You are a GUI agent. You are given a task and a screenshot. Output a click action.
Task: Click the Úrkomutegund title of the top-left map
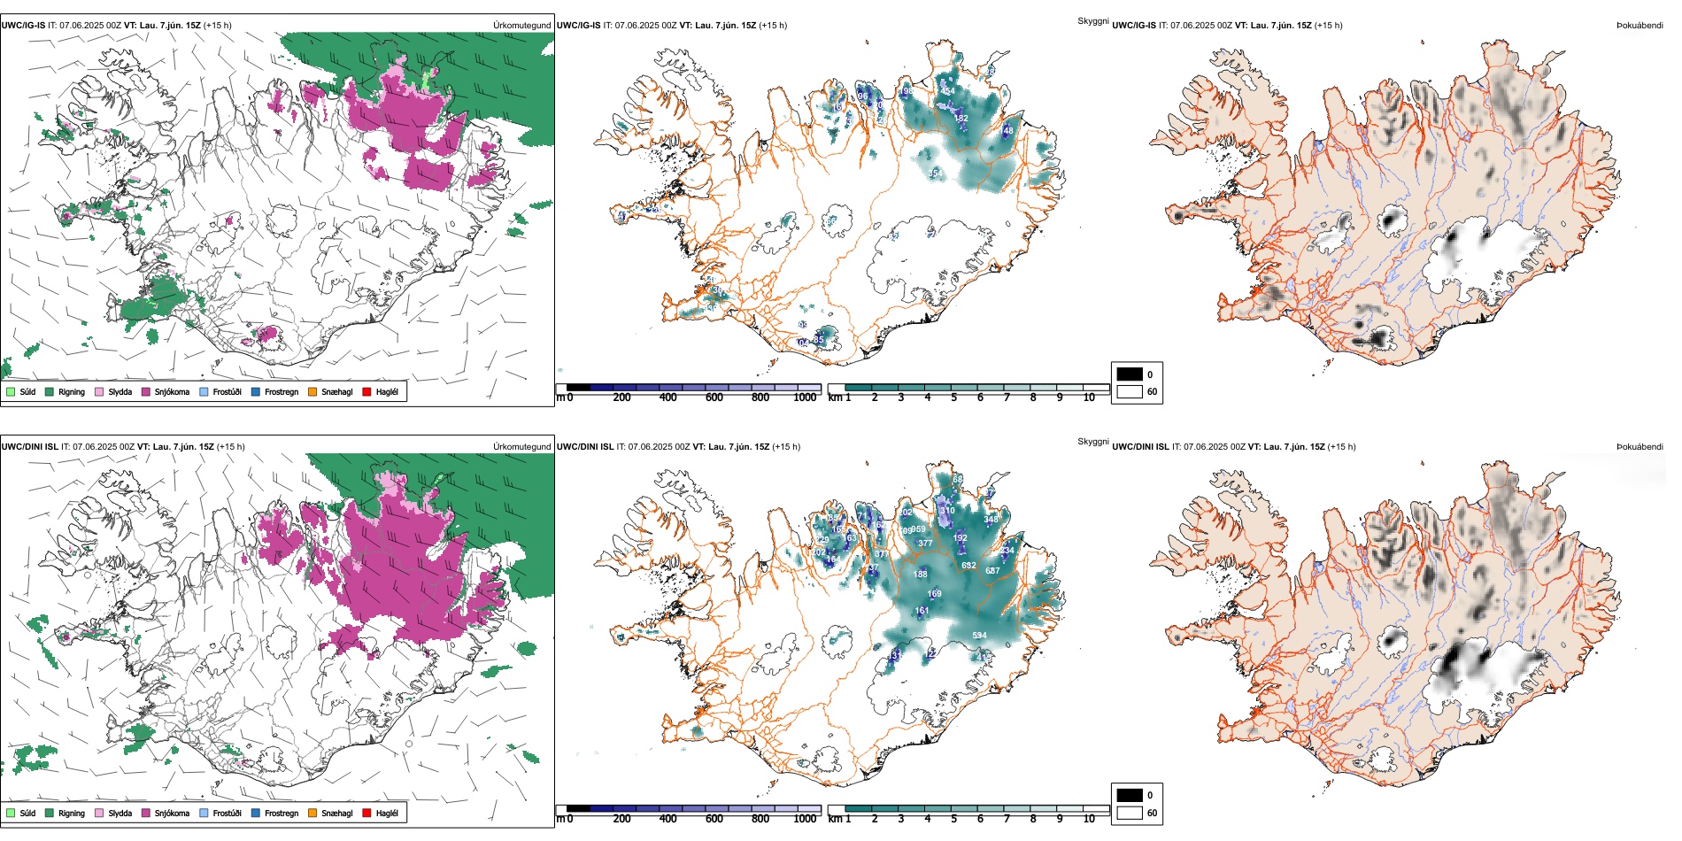click(521, 26)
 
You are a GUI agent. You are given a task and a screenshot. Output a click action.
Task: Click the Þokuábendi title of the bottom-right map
click(1640, 447)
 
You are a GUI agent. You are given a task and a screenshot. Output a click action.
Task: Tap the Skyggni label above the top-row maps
click(1092, 20)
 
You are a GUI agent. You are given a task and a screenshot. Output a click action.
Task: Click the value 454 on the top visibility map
click(947, 91)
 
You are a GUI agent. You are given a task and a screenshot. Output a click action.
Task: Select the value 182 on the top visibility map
click(961, 118)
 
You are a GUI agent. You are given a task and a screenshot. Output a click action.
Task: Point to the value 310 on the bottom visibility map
click(947, 511)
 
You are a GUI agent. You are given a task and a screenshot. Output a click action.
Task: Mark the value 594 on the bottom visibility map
click(979, 636)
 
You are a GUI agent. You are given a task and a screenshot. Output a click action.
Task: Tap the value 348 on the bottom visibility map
click(991, 520)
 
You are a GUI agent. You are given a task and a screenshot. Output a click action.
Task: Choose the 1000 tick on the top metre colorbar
click(805, 397)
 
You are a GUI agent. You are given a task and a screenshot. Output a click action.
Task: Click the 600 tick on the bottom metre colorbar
click(714, 819)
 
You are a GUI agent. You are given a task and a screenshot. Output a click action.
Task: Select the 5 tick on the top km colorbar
click(953, 397)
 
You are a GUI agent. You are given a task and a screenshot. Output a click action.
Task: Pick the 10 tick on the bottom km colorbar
click(1089, 819)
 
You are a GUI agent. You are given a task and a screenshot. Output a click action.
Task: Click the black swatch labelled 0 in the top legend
click(1130, 374)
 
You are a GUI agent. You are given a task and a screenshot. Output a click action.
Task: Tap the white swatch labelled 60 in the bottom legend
click(1130, 813)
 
